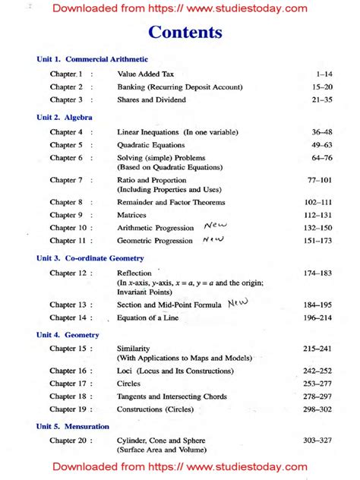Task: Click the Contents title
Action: pyautogui.click(x=185, y=33)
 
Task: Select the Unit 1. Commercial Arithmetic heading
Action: pyautogui.click(x=92, y=59)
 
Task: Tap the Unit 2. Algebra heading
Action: pyautogui.click(x=65, y=118)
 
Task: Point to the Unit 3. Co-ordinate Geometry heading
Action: pyautogui.click(x=90, y=258)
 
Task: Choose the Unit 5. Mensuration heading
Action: pyautogui.click(x=73, y=427)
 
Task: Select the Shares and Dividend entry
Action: pyautogui.click(x=150, y=99)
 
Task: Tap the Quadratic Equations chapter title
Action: pyautogui.click(x=151, y=144)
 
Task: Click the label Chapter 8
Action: pyautogui.click(x=66, y=203)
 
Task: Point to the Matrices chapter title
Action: pyautogui.click(x=131, y=215)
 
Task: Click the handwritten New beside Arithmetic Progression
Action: pyautogui.click(x=216, y=226)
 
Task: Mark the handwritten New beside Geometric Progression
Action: pyautogui.click(x=213, y=239)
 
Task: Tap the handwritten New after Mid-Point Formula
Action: pyautogui.click(x=238, y=302)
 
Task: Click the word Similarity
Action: pyautogui.click(x=134, y=349)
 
